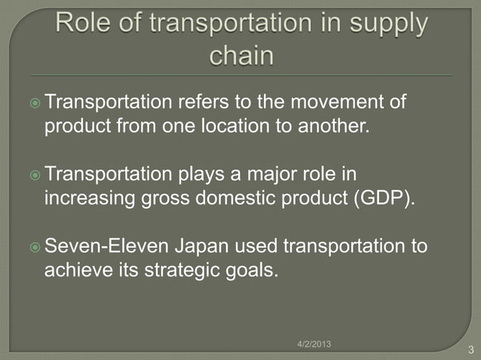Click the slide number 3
point(470,349)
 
